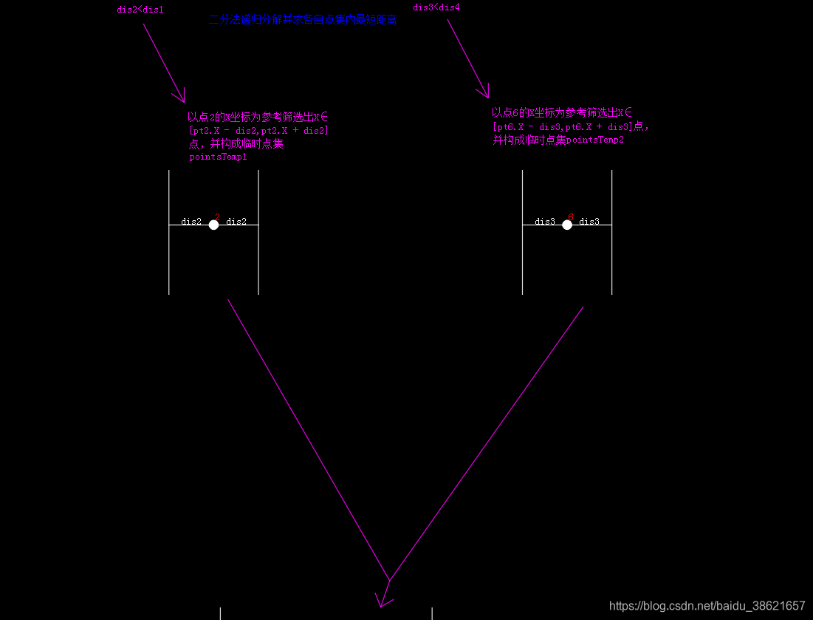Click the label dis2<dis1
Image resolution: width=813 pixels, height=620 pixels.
pos(140,10)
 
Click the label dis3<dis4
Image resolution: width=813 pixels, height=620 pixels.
pos(436,7)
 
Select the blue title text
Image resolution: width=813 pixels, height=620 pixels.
pos(303,21)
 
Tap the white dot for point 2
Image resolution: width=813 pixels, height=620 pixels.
pos(213,225)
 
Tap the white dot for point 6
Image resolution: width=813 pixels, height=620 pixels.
pos(567,225)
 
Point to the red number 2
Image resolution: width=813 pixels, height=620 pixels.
pos(217,217)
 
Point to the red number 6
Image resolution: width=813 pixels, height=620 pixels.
pos(571,217)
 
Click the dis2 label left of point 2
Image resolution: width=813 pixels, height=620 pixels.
pos(191,221)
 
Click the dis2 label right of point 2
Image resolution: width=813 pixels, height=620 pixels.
pos(236,221)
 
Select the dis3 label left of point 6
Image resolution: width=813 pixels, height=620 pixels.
pos(545,221)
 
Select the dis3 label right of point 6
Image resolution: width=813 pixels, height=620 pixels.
pos(589,221)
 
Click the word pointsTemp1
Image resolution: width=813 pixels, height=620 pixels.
pos(218,157)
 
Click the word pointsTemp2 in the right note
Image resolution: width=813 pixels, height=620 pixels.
pos(594,140)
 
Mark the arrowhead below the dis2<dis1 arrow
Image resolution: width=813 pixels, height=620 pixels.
pos(179,97)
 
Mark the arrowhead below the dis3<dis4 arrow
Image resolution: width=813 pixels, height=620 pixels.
pos(484,92)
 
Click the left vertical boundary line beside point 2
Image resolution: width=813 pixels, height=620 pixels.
pos(169,251)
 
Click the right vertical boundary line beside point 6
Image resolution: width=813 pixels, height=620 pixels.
pos(611,251)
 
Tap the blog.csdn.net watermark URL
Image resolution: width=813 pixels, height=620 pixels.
pos(707,605)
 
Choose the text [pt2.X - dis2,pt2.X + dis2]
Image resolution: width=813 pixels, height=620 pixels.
pos(258,130)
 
